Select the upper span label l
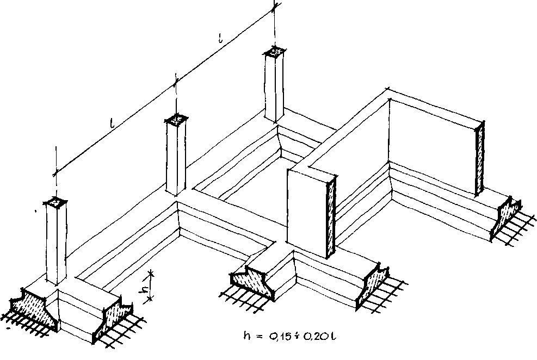pos(220,39)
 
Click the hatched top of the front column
pos(56,203)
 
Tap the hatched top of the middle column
pos(176,118)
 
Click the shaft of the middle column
pos(176,158)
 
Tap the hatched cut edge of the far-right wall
pos(480,158)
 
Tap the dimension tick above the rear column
pos(275,7)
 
